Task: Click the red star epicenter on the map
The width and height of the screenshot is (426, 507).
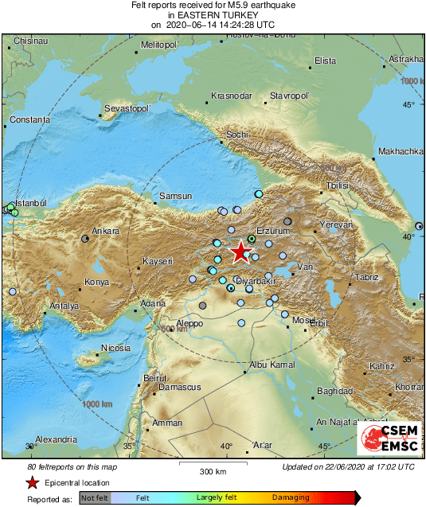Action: click(x=240, y=253)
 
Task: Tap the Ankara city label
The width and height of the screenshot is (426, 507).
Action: click(x=105, y=232)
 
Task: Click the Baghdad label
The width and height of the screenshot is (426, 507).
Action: click(x=334, y=392)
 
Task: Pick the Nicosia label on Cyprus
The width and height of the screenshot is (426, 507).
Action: click(x=115, y=348)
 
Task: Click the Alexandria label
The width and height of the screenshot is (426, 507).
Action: click(x=56, y=439)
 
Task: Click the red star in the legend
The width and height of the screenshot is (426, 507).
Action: click(x=32, y=482)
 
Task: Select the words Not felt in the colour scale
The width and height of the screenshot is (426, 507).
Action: click(x=95, y=498)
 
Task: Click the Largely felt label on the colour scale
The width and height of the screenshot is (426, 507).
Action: click(x=215, y=498)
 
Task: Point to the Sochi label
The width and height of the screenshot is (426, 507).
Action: click(x=237, y=135)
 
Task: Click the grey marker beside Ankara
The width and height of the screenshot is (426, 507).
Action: click(x=85, y=238)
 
